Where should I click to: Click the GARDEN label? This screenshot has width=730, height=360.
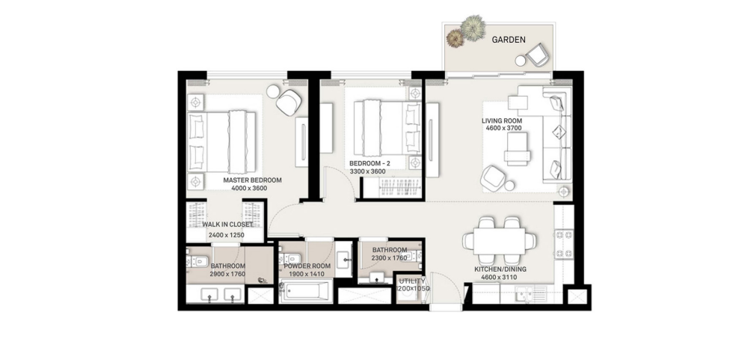coord(509,40)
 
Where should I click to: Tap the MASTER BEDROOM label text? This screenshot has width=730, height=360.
coord(252,180)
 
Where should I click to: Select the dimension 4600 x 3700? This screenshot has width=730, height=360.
coord(501,128)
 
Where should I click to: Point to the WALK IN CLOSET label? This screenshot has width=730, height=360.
coord(227,225)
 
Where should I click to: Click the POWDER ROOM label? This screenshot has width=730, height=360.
coord(307,266)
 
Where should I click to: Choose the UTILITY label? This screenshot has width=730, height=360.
coord(412,281)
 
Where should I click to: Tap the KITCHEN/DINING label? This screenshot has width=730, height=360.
coord(500,269)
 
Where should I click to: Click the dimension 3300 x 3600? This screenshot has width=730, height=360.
coord(368,171)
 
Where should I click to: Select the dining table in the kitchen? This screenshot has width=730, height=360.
coord(500,241)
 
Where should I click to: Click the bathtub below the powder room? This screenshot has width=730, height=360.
coord(306,291)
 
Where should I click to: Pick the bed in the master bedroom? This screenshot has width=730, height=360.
coord(221,142)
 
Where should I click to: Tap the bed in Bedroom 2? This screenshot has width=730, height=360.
coord(387,127)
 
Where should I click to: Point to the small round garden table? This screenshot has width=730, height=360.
coord(520,60)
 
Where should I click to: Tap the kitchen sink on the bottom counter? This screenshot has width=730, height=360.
coord(531,293)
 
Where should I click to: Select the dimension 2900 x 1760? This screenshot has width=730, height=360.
coord(227,275)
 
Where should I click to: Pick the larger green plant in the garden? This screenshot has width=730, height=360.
coord(473,28)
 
